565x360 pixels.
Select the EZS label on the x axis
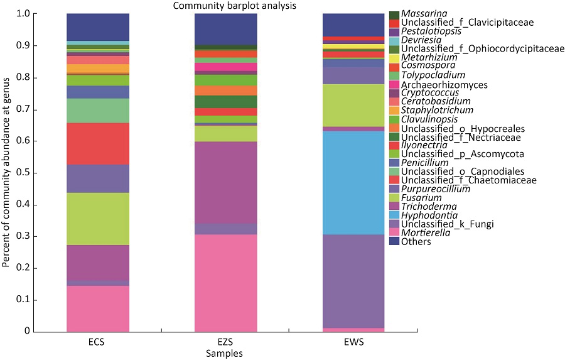tap(225, 343)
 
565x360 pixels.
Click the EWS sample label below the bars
tap(353, 343)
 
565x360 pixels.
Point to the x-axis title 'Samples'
tap(224, 354)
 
